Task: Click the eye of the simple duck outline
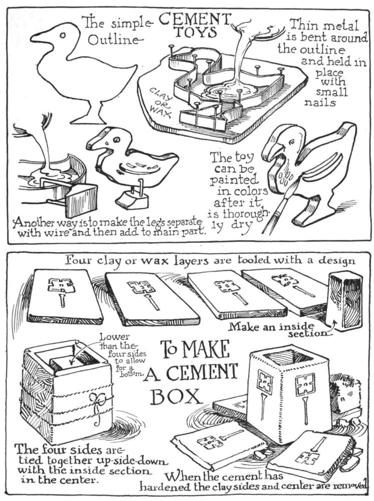63,35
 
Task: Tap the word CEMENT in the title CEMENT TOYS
194,20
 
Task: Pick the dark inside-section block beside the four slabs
344,300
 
